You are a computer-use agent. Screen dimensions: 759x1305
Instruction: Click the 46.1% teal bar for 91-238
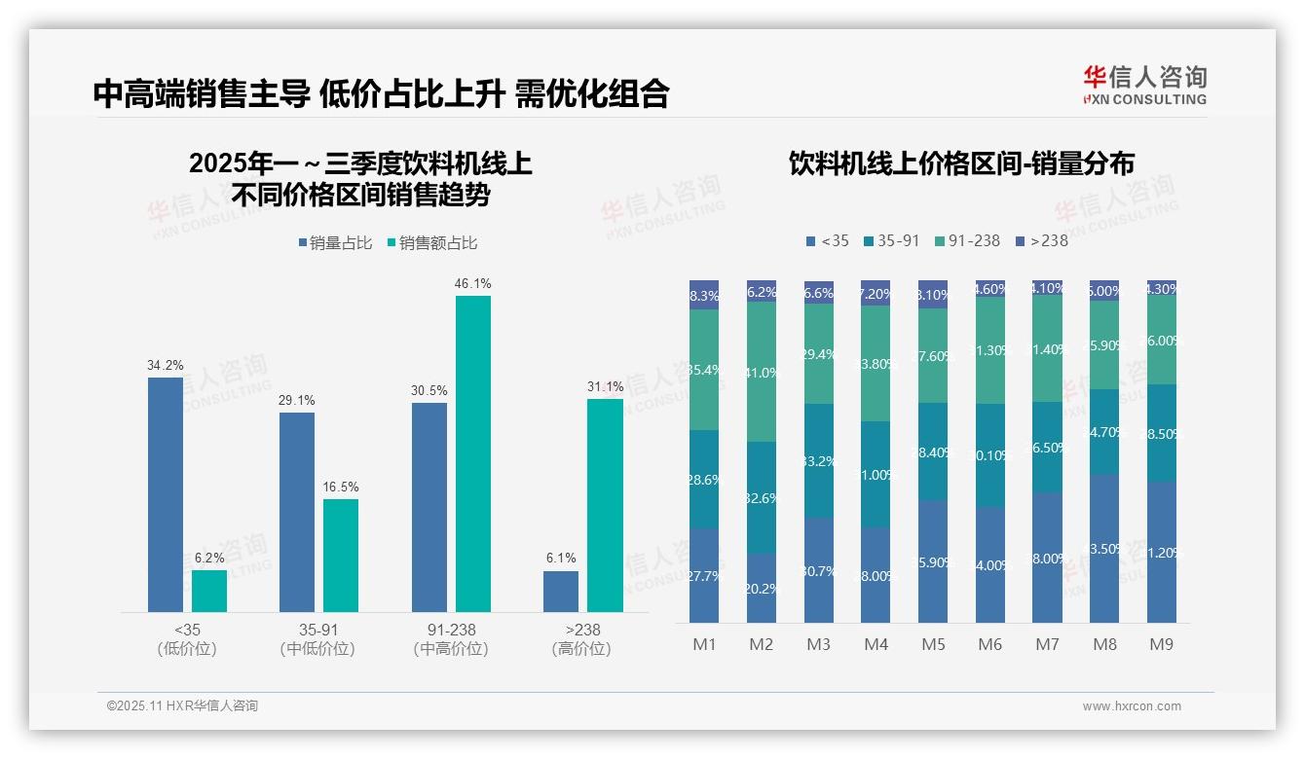473,453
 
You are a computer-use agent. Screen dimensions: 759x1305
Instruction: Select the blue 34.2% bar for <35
166,494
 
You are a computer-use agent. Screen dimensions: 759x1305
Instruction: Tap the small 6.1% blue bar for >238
561,592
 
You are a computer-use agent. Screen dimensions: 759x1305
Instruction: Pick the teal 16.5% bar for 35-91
341,555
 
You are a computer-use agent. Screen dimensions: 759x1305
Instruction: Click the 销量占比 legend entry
335,243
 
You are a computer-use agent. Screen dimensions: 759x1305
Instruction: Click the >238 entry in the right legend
1041,240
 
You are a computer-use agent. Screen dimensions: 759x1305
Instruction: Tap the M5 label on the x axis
933,644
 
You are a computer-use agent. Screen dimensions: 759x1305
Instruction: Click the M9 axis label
1161,644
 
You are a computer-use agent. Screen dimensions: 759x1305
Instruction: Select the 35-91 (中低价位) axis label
317,639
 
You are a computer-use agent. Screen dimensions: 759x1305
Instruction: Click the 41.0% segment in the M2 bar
762,372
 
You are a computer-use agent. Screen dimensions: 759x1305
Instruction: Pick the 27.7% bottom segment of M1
704,575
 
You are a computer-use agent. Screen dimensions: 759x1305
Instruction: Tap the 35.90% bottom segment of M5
933,561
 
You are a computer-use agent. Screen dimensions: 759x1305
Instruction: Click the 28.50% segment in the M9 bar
1162,433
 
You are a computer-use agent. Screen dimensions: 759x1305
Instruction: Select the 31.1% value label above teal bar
605,387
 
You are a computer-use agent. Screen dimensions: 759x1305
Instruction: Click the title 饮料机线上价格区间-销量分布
961,163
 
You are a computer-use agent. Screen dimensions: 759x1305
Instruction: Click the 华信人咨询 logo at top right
1144,85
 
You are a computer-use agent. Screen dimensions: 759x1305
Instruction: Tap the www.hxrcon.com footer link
1132,706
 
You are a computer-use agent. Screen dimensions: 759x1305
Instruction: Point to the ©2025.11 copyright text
182,706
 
